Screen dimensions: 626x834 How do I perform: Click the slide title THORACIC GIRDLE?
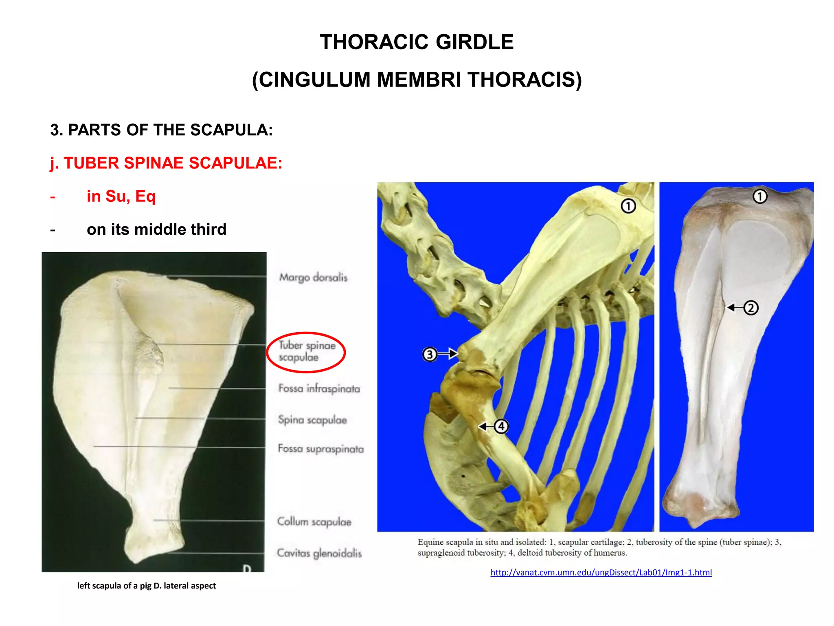coord(417,42)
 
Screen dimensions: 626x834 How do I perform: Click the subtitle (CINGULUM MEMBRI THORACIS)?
coord(417,79)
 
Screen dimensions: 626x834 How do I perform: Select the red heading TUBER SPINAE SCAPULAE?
coord(166,163)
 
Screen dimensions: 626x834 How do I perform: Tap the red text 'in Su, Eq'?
coord(121,196)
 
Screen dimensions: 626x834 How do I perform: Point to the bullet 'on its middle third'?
coord(156,229)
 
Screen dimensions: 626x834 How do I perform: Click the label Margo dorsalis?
coord(313,278)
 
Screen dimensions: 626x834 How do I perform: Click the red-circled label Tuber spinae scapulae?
coord(307,351)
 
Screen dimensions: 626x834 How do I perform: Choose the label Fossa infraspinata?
coord(319,388)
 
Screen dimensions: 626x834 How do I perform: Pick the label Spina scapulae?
coord(312,420)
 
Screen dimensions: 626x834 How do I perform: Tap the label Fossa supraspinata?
coord(320,449)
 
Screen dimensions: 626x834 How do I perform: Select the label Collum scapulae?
coord(314,522)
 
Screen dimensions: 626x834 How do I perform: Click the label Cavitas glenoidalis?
coord(319,553)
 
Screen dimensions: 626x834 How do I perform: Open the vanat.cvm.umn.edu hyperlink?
coord(601,573)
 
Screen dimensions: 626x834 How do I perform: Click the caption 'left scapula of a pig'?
coord(147,586)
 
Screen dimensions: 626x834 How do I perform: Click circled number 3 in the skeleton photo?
coord(430,354)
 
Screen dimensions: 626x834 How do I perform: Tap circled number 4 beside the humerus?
coord(501,426)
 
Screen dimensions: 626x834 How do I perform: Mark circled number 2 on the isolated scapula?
coord(751,308)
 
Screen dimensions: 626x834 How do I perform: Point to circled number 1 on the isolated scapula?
coord(759,196)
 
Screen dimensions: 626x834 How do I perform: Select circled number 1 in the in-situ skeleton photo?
coord(628,206)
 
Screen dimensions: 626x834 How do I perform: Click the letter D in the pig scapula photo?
coord(247,568)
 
